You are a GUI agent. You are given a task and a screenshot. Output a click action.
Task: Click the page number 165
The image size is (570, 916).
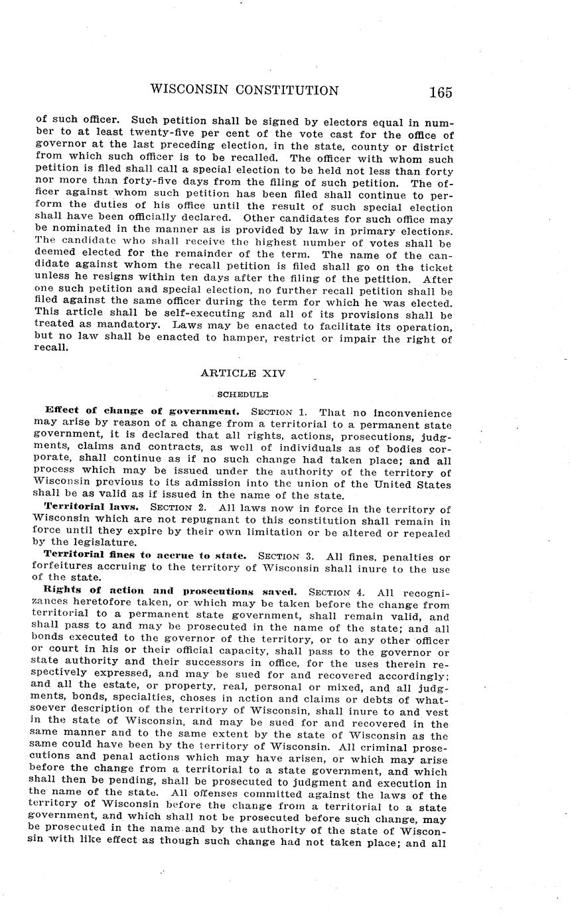[440, 92]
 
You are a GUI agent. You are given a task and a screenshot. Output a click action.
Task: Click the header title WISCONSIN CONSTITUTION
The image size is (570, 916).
[245, 90]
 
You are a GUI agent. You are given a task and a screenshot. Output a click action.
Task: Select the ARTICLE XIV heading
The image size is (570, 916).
[243, 374]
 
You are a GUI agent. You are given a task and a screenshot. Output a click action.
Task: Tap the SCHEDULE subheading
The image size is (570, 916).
[228, 394]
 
